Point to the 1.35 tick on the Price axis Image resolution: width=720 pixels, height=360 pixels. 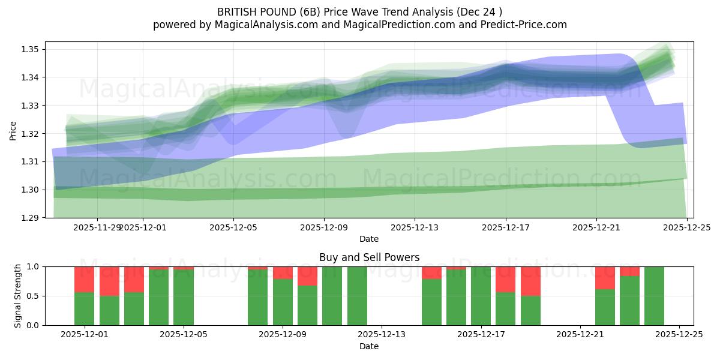(32, 49)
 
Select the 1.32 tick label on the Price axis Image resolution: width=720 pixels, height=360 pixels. (32, 133)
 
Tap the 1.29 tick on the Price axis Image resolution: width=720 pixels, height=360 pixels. (32, 218)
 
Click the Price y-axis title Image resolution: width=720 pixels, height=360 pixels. (13, 130)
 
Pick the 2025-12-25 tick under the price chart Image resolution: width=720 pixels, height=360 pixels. (687, 227)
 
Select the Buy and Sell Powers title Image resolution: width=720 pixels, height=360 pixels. (368, 257)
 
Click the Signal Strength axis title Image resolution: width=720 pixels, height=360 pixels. (18, 295)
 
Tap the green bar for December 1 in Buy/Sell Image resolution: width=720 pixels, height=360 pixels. (84, 308)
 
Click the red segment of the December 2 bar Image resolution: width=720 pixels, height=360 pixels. (109, 281)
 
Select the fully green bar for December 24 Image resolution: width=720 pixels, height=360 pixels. (654, 296)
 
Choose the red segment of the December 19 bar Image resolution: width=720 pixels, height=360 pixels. (530, 281)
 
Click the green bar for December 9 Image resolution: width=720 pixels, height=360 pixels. (283, 302)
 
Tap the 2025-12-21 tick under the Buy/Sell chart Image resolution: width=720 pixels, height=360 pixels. (580, 335)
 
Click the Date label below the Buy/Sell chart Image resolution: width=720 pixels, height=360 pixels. (368, 346)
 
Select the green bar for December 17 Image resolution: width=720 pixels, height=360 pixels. (481, 296)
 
